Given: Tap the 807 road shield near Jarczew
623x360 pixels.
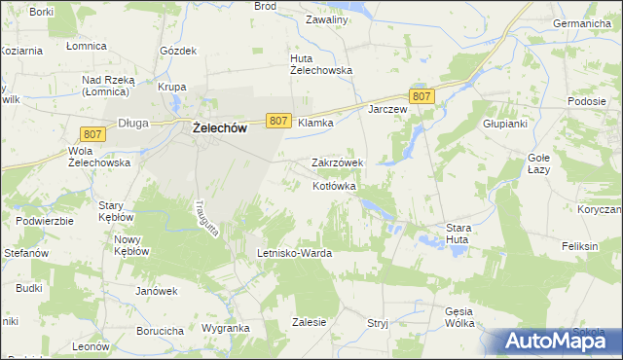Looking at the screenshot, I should pos(421,95).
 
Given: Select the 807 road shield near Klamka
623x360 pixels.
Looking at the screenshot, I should pos(277,121).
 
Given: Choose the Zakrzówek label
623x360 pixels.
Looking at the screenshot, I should pos(337,162).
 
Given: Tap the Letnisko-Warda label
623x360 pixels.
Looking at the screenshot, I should pos(294,253).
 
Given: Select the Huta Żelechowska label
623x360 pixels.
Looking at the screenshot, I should pos(320,63).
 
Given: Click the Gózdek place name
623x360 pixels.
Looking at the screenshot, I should pos(178,50).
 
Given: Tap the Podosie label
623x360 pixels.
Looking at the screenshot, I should pos(588,102).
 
